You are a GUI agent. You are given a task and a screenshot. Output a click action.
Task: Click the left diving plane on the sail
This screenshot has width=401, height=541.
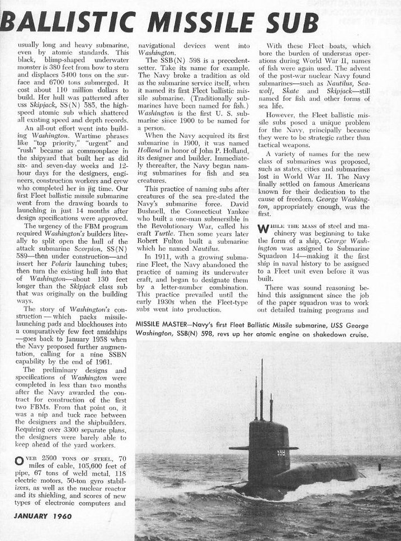237,448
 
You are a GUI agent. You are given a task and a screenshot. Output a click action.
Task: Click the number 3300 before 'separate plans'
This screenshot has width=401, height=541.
70,432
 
